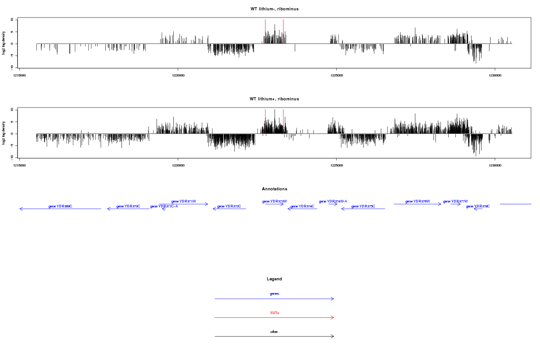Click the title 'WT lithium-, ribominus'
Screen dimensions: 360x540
pyautogui.click(x=274, y=9)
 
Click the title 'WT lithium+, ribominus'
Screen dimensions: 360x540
pyautogui.click(x=274, y=99)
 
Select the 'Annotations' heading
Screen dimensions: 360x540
pyautogui.click(x=274, y=189)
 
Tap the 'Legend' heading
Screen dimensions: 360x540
pyautogui.click(x=274, y=279)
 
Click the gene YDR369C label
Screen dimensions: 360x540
pyautogui.click(x=60, y=206)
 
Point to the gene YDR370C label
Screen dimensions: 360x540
pyautogui.click(x=128, y=206)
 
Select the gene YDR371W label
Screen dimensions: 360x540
pyautogui.click(x=184, y=202)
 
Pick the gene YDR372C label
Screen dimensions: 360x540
pyautogui.click(x=229, y=206)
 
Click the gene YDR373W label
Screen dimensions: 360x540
pyautogui.click(x=274, y=202)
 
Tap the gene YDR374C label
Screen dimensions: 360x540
pyautogui.click(x=302, y=206)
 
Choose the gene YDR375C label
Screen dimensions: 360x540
pyautogui.click(x=363, y=206)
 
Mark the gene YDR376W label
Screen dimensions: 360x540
pyautogui.click(x=418, y=202)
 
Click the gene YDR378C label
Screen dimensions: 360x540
pyautogui.click(x=478, y=206)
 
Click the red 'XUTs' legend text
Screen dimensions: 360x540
pyautogui.click(x=274, y=313)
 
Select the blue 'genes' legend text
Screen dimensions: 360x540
pyautogui.click(x=274, y=294)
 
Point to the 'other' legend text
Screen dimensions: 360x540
pyautogui.click(x=274, y=332)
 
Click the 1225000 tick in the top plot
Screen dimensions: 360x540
pyautogui.click(x=337, y=75)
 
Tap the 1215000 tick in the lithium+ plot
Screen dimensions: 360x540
pyautogui.click(x=20, y=165)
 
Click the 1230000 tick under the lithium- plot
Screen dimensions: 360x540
pyautogui.click(x=495, y=75)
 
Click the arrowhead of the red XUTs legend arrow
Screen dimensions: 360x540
pyautogui.click(x=333, y=318)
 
